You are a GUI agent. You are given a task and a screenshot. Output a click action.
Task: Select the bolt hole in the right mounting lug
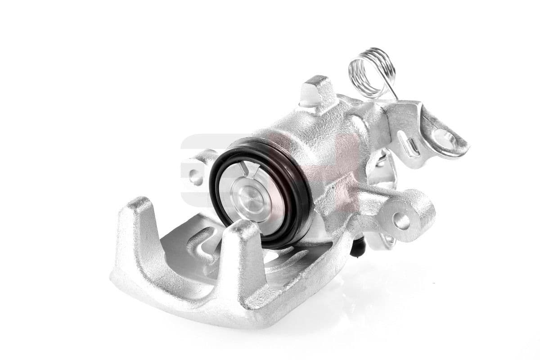click(400, 220)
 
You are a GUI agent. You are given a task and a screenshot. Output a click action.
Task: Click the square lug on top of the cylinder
click(317, 92)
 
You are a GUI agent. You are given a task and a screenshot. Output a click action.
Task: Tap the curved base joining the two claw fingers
click(180, 297)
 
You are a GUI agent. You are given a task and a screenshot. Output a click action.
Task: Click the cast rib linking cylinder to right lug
click(355, 198)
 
